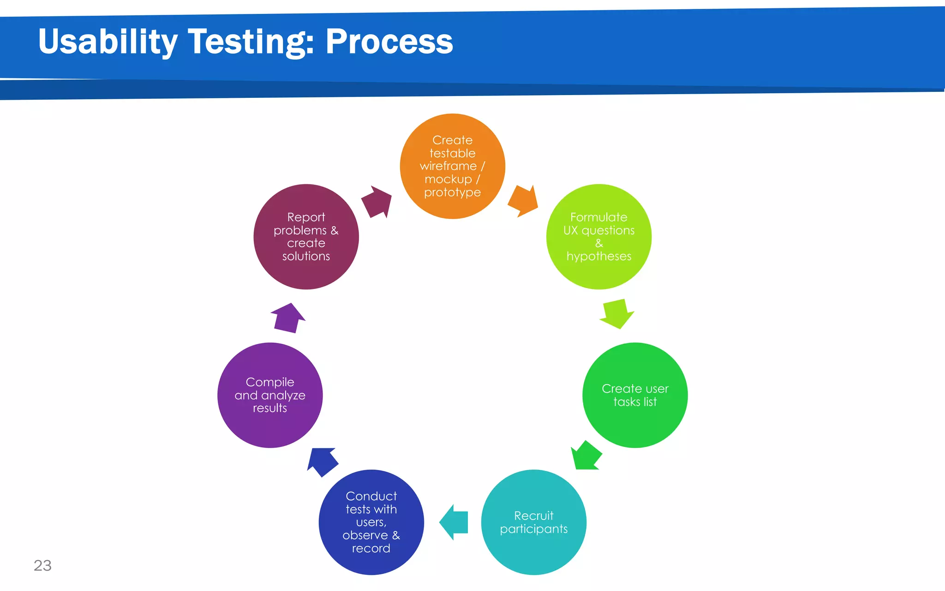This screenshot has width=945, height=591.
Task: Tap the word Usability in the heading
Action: pyautogui.click(x=108, y=42)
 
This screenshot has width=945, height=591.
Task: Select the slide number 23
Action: pyautogui.click(x=42, y=565)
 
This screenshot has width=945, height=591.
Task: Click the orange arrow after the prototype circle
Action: pyautogui.click(x=524, y=200)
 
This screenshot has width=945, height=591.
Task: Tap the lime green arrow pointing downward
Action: pyautogui.click(x=617, y=314)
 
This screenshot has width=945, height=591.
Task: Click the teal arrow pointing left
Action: pyautogui.click(x=454, y=522)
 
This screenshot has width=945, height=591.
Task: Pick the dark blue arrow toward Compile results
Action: pyautogui.click(x=322, y=461)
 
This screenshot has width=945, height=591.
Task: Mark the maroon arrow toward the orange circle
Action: pyautogui.click(x=377, y=201)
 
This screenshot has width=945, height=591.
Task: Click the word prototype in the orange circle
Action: pyautogui.click(x=452, y=193)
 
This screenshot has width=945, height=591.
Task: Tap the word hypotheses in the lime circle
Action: pyautogui.click(x=598, y=256)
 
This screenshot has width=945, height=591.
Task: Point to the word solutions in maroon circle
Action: pyautogui.click(x=306, y=256)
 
